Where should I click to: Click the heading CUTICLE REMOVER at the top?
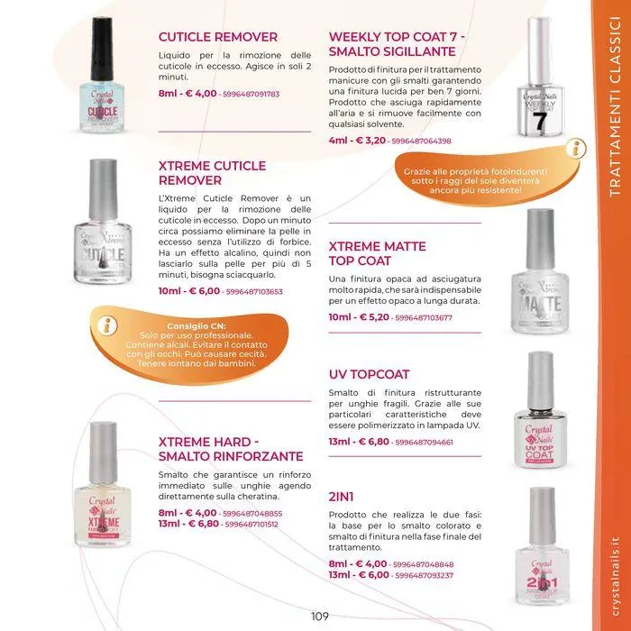click(x=218, y=37)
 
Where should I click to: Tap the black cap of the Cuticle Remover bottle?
click(x=102, y=49)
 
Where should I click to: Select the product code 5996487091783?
click(x=251, y=94)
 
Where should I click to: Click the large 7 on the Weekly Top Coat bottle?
click(x=540, y=121)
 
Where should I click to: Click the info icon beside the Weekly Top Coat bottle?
click(x=576, y=149)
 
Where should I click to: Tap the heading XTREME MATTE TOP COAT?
click(x=377, y=253)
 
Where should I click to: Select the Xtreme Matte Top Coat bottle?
click(x=540, y=271)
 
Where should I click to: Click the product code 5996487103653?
click(x=254, y=291)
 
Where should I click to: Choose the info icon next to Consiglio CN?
click(x=106, y=325)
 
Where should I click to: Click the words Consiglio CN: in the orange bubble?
click(x=197, y=326)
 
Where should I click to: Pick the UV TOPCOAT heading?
click(x=369, y=374)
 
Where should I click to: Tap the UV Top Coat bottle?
click(x=541, y=410)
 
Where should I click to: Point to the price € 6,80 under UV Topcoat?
click(x=373, y=442)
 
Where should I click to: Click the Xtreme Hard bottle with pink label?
click(x=103, y=485)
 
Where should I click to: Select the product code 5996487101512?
click(x=251, y=525)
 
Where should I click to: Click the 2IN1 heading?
click(x=341, y=497)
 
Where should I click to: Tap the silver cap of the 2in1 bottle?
click(x=542, y=516)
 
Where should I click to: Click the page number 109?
click(x=319, y=616)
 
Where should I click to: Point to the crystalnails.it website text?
click(x=615, y=576)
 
